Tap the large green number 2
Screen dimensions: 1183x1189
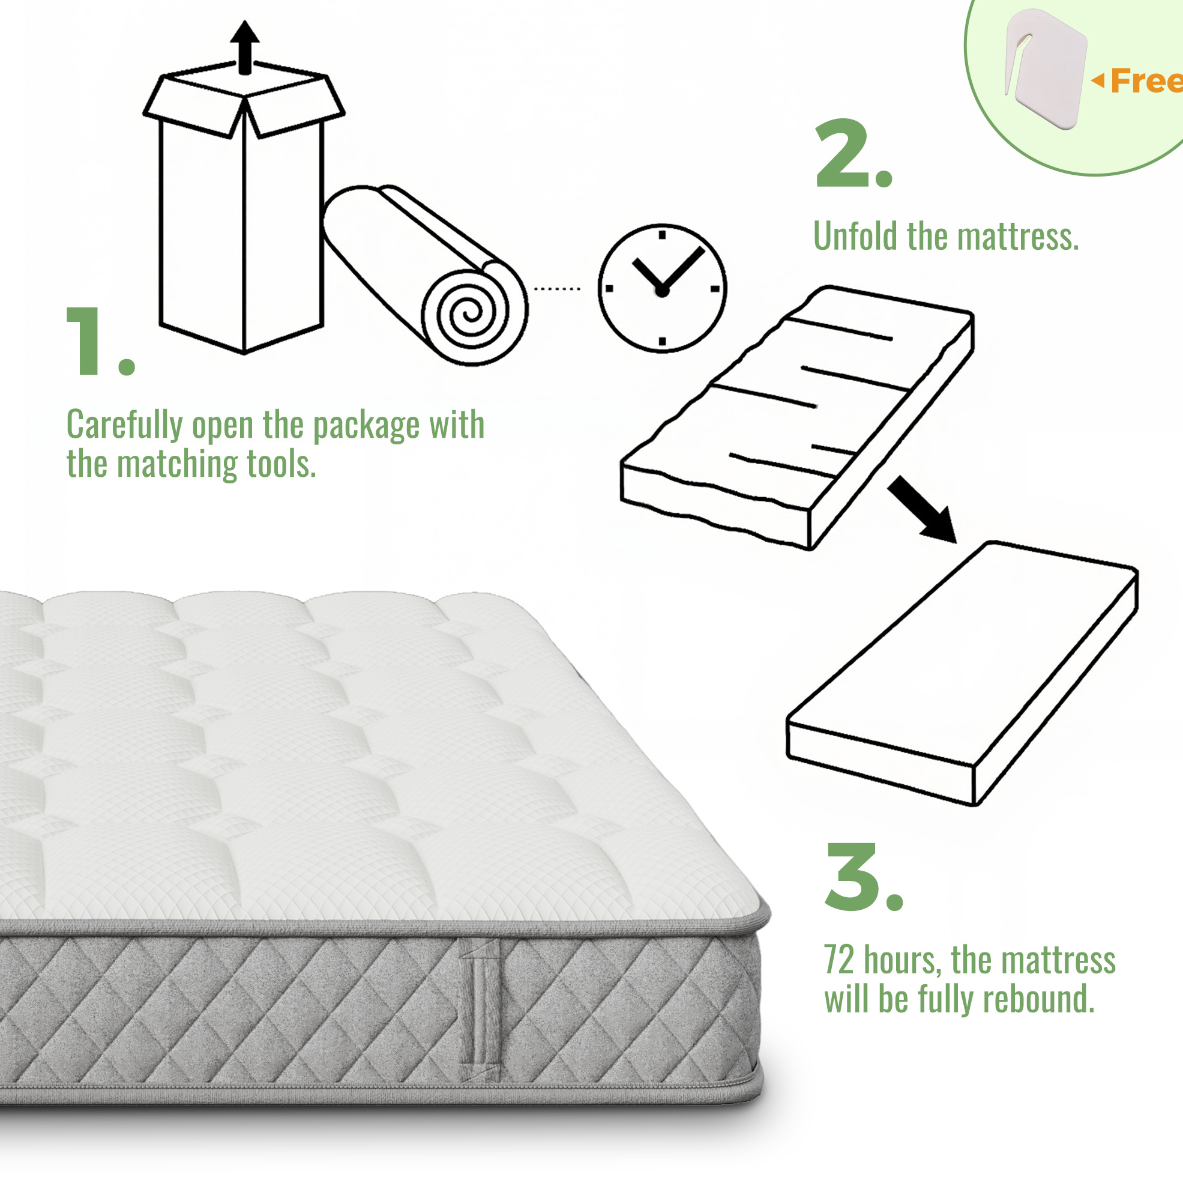(842, 153)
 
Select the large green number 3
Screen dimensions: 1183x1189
(852, 876)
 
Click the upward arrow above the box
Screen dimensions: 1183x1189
(245, 47)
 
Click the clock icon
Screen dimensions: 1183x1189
(663, 288)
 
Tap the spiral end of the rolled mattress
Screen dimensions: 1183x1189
(474, 313)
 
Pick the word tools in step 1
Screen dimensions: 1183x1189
(281, 464)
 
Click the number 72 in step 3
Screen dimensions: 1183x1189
(839, 960)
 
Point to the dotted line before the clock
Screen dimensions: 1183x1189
(557, 288)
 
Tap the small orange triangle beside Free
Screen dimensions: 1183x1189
(1098, 80)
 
